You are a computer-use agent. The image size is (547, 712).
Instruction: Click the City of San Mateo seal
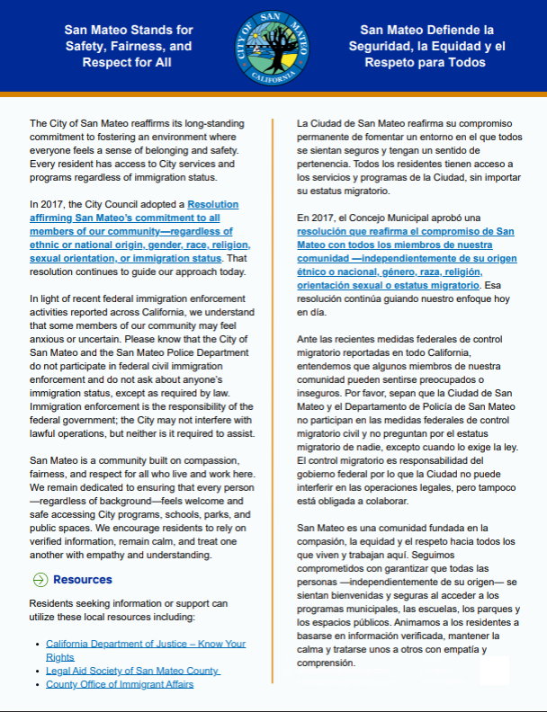[x=273, y=49]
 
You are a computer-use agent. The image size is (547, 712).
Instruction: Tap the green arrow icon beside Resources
[x=40, y=580]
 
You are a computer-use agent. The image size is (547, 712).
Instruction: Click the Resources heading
[x=83, y=580]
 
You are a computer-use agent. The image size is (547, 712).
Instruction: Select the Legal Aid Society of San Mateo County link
[x=132, y=671]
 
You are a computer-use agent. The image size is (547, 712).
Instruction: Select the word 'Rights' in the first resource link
[x=61, y=657]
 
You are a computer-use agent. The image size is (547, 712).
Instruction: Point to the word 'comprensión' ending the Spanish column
[x=326, y=663]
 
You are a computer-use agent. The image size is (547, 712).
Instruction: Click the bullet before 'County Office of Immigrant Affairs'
[x=35, y=684]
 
